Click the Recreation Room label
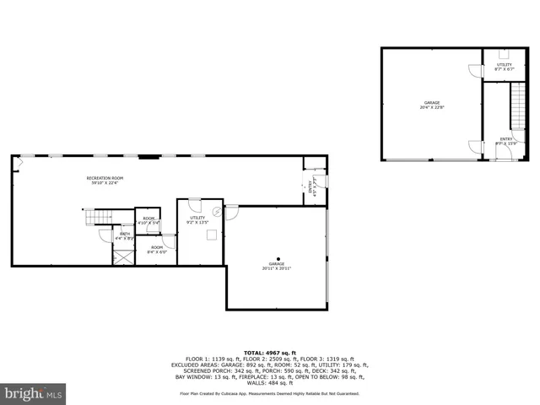click(x=105, y=179)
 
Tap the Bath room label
click(x=124, y=235)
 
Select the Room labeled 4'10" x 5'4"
click(x=148, y=220)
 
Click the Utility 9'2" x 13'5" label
click(x=197, y=219)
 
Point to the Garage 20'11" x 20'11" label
click(x=274, y=266)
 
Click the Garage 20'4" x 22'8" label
click(x=432, y=105)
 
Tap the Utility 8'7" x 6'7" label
click(x=505, y=66)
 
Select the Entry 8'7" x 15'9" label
click(x=505, y=141)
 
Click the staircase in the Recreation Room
click(x=100, y=219)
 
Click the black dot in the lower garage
click(x=278, y=258)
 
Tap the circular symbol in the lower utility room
click(x=217, y=211)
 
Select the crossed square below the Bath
click(x=123, y=256)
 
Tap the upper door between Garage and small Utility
click(x=475, y=71)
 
